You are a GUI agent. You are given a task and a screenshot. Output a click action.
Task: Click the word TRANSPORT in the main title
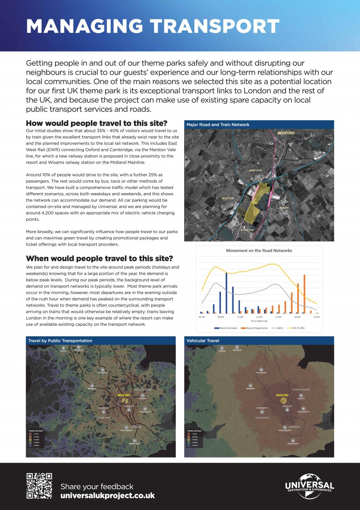pos(215,26)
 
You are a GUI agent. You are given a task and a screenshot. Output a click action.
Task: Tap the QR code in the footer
pos(39,486)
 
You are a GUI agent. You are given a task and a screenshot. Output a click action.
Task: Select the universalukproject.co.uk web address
pos(107,496)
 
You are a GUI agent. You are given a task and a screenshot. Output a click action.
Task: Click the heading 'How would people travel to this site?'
pos(96,123)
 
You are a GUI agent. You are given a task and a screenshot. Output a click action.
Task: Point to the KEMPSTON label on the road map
pos(255,170)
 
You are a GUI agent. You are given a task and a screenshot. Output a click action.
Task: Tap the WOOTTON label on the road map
pos(228,199)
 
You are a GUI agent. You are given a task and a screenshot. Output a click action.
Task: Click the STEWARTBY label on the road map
pos(247,230)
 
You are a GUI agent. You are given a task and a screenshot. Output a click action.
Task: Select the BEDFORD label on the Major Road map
pos(286,133)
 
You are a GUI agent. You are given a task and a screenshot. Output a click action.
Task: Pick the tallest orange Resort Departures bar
pos(304,294)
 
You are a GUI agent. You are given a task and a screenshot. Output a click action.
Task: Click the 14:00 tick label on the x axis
pos(259,317)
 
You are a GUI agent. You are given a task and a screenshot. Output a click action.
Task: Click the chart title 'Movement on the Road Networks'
pos(259,251)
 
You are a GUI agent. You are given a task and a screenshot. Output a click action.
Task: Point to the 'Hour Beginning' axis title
pos(259,321)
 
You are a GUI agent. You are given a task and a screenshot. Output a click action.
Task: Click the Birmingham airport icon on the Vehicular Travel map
pos(250,385)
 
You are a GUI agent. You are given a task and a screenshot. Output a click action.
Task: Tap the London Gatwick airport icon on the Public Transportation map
pos(134,440)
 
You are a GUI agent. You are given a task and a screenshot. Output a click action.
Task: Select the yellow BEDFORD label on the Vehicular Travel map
pos(282,395)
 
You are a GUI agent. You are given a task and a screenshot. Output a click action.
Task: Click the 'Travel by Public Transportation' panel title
pos(60,341)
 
